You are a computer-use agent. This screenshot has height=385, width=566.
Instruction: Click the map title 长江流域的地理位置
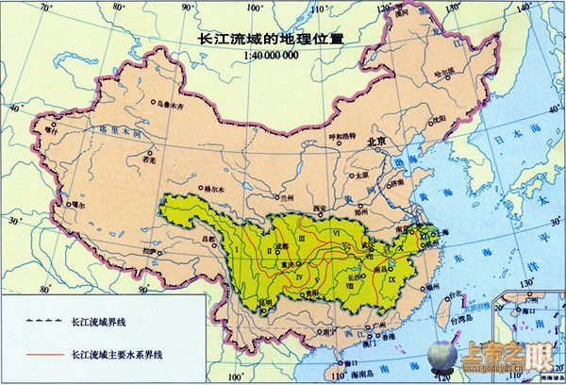(x=269, y=42)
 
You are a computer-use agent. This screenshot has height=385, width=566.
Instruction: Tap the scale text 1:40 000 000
(x=270, y=57)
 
